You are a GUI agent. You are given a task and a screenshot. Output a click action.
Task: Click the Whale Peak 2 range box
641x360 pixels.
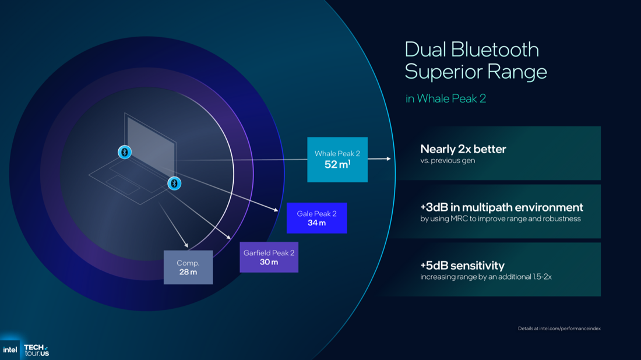coord(337,160)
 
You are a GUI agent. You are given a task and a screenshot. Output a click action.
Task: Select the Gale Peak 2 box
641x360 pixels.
coord(316,218)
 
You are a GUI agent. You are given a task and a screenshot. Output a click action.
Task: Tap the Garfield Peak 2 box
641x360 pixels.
coord(269,257)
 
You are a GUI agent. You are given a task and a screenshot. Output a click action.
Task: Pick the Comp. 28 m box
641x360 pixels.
coord(188,267)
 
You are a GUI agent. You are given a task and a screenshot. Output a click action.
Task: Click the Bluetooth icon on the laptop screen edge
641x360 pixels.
coord(125,152)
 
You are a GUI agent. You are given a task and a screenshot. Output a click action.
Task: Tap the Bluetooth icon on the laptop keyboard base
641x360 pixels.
coord(174,183)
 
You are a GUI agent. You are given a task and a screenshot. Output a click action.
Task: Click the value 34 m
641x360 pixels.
coord(316,223)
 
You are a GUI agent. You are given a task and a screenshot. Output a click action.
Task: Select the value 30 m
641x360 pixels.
coord(269,262)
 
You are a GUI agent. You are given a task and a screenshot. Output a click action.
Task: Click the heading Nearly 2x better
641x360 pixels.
coord(463,149)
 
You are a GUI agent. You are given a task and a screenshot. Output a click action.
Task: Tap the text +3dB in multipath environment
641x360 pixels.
coord(501,207)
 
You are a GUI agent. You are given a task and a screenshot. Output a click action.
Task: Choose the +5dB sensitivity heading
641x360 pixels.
coord(462,266)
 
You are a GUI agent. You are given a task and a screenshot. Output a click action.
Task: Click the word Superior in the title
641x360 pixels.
coord(441,72)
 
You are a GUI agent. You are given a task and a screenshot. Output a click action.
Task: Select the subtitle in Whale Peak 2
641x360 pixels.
coord(446,98)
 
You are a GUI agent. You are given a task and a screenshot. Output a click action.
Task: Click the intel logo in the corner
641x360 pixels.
coord(10,350)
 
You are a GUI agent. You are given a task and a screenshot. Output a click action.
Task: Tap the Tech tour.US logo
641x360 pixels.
coord(36,350)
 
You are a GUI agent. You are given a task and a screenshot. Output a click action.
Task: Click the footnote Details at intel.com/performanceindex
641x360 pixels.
coord(559,329)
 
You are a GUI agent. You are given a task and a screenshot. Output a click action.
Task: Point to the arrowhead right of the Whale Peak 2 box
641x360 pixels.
coord(388,158)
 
